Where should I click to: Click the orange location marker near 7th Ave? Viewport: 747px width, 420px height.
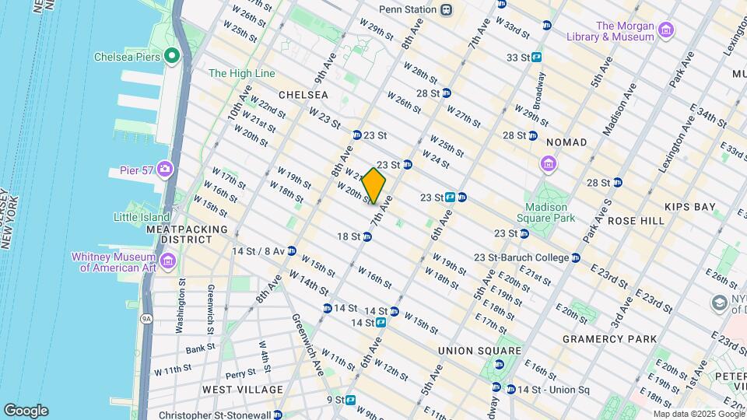(x=374, y=186)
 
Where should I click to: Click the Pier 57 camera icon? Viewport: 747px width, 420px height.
(x=165, y=170)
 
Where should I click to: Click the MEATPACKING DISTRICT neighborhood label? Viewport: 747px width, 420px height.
(x=186, y=235)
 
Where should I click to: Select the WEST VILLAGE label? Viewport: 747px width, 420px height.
(x=243, y=389)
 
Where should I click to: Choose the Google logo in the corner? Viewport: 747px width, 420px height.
(x=26, y=410)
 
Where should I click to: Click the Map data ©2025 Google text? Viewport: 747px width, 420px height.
(x=698, y=414)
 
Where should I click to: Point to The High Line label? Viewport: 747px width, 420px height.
(x=242, y=73)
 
